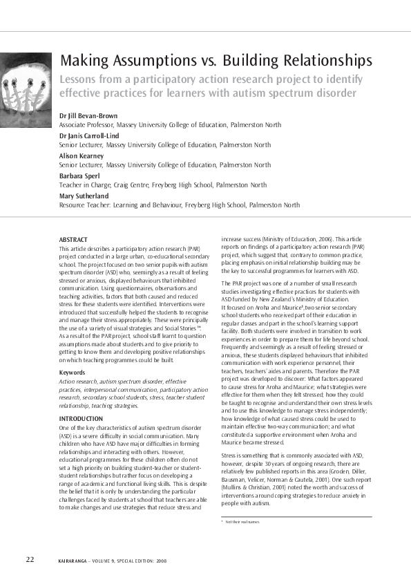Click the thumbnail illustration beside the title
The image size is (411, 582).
pos(26,82)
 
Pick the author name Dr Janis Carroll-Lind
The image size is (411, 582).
pos(89,137)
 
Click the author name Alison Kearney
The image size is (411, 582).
pos(81,156)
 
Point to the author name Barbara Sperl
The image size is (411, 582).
pos(79,176)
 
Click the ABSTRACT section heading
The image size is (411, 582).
pos(73,239)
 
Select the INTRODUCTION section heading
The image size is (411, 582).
pos(81,419)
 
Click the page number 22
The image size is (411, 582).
pos(30,558)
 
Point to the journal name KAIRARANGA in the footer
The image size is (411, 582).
pos(74,560)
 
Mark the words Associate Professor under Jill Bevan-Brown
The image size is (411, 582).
pos(88,125)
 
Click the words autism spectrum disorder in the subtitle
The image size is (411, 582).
pos(301,93)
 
